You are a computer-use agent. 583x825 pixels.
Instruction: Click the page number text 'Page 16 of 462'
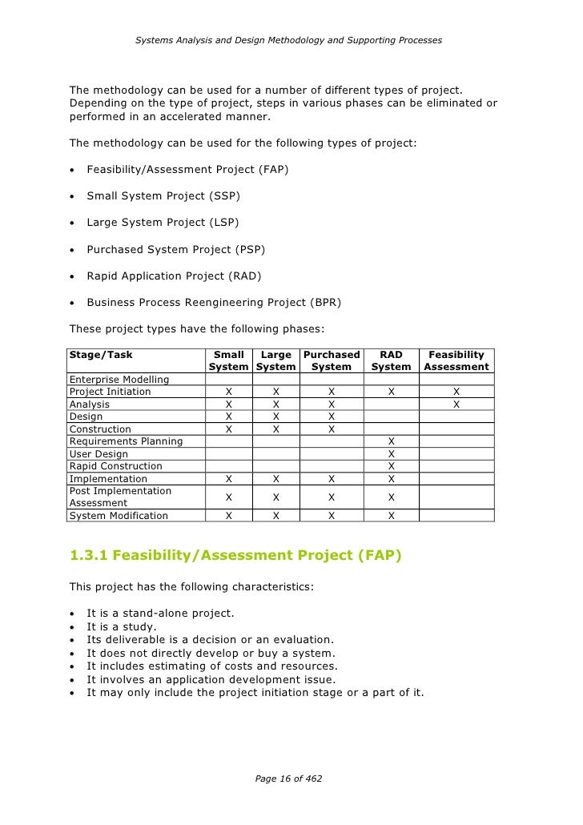tap(288, 778)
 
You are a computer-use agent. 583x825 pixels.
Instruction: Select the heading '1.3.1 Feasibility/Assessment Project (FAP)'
tap(235, 554)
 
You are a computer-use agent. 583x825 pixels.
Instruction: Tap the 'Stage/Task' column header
tap(101, 354)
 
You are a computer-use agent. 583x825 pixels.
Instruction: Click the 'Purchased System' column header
tap(331, 360)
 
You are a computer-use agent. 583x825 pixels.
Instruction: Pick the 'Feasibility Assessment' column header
tap(456, 360)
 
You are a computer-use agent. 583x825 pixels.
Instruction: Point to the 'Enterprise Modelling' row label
tap(119, 379)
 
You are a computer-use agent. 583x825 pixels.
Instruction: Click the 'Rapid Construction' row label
tap(116, 466)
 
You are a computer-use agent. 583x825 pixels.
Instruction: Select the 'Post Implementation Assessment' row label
tap(121, 497)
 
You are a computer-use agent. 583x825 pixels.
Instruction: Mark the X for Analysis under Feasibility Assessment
tap(456, 404)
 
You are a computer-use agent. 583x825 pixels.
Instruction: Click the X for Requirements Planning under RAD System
tap(391, 441)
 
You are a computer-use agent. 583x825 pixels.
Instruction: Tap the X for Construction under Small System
tap(229, 429)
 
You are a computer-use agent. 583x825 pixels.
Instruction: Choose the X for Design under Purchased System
tap(331, 417)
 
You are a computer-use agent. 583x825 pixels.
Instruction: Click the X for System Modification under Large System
tap(275, 516)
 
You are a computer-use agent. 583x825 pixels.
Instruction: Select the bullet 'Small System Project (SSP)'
tap(163, 195)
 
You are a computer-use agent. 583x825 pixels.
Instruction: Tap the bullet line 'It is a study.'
tap(122, 626)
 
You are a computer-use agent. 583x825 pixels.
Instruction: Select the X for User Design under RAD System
tap(391, 454)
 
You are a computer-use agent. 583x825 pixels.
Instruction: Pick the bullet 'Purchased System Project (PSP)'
tap(175, 249)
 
